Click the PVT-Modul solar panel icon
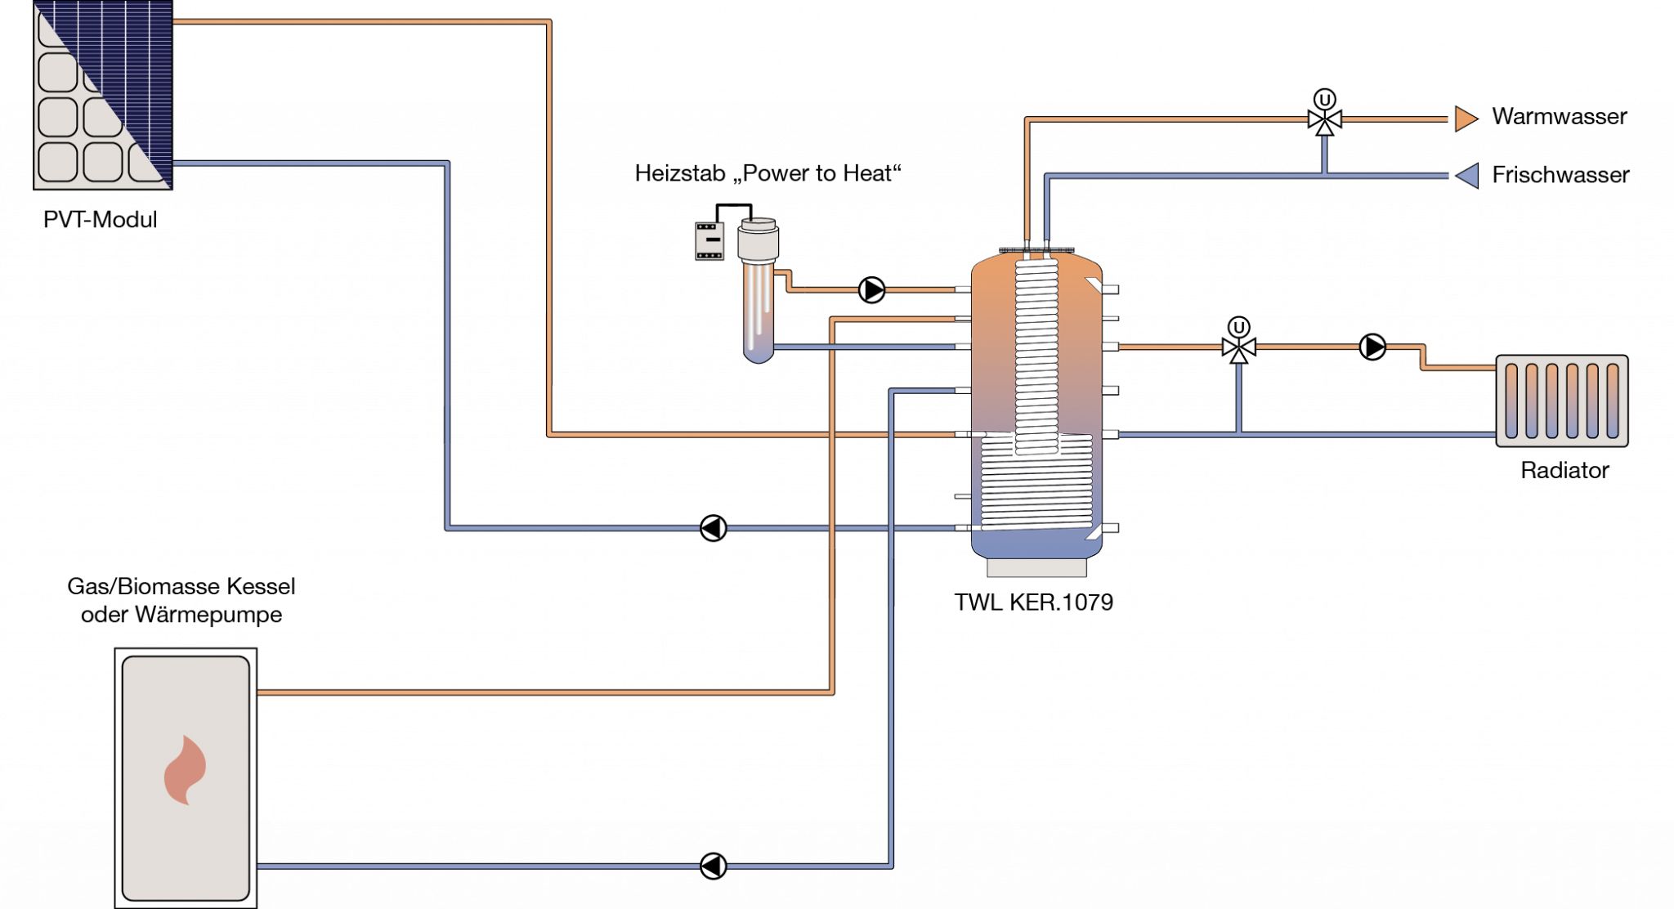pos(103,95)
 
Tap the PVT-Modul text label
pos(100,220)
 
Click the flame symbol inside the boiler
pos(185,770)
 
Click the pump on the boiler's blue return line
pos(713,866)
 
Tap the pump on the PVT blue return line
pos(713,528)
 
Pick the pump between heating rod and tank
pos(871,289)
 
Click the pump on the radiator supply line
pos(1372,347)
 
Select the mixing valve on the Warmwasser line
pos(1324,119)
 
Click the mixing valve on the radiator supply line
pos(1238,347)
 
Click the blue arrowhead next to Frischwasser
pos(1467,175)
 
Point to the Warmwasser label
pos(1559,116)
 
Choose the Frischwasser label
pos(1560,175)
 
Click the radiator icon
pos(1561,401)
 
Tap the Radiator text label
pos(1564,471)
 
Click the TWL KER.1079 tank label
pos(1033,602)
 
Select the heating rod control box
pos(709,240)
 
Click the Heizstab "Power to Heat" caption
pos(768,173)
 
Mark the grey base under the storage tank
pos(1036,567)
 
